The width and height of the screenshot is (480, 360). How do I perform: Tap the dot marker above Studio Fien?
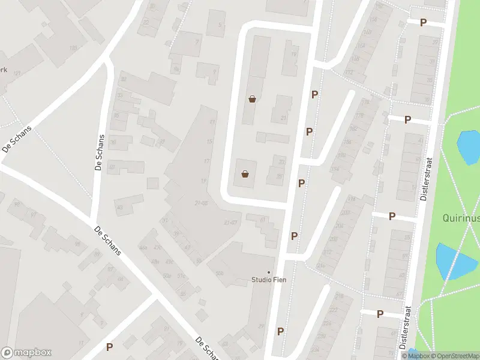(269, 272)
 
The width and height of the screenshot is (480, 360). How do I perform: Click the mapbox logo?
(26, 353)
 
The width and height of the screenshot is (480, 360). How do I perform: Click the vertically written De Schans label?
(100, 153)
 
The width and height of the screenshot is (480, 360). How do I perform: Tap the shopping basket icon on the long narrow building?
(253, 99)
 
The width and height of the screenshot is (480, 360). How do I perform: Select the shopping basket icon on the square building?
(245, 174)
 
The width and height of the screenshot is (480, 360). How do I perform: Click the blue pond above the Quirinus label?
(469, 146)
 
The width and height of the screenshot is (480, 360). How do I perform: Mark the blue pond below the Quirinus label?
(455, 262)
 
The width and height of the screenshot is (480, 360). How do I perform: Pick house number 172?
(348, 73)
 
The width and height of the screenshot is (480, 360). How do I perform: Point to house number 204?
(340, 226)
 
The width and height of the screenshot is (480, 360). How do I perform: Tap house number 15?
(209, 142)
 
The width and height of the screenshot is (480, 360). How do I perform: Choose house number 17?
(206, 161)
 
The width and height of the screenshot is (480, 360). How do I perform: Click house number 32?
(124, 79)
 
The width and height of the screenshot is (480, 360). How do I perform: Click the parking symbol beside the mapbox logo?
(110, 347)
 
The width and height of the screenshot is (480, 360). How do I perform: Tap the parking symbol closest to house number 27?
(423, 22)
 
